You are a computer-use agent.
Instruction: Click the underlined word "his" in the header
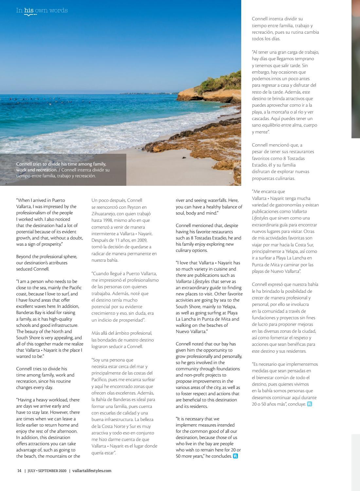(x=29, y=10)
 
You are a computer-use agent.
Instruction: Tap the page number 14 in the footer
(x=19, y=471)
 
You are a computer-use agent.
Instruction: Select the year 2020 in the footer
(x=63, y=471)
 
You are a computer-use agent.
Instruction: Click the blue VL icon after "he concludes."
(x=235, y=456)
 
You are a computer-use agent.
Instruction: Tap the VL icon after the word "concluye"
(x=310, y=404)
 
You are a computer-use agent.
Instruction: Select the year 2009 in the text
(x=141, y=240)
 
